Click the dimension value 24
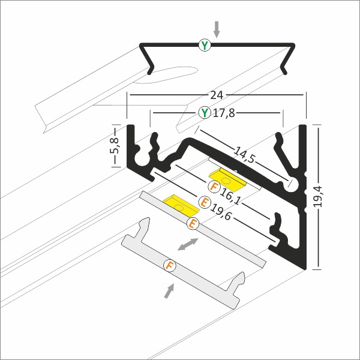[217, 95]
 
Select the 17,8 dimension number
[224, 113]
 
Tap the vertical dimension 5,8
[115, 145]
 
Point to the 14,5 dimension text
[244, 155]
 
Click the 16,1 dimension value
[230, 197]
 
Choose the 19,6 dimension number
[221, 212]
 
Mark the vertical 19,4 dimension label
[318, 197]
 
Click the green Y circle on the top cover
[205, 45]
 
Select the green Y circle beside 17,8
[205, 113]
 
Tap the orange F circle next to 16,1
[214, 187]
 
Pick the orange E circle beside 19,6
[205, 202]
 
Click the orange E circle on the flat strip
[193, 223]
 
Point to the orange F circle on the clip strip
[170, 266]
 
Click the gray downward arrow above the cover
[217, 29]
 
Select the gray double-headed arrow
[188, 244]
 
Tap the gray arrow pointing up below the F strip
[169, 291]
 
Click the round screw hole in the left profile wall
[142, 158]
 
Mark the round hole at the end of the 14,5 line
[292, 184]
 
